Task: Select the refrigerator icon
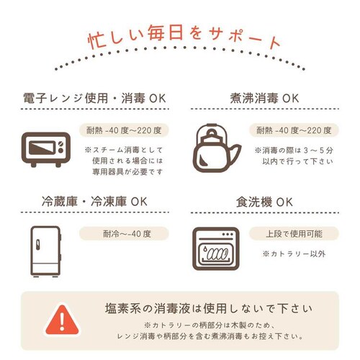coord(45,249)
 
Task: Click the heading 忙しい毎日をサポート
coord(181,38)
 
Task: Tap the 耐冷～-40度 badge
coord(124,234)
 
